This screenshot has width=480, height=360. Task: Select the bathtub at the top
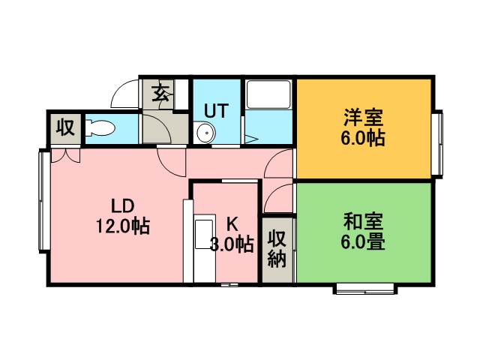coord(268,94)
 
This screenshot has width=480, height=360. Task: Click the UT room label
coord(217,110)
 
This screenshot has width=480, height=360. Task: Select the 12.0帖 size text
coord(123,226)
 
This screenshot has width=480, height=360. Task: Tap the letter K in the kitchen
coord(232,224)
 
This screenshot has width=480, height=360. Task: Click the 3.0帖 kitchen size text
coord(232,244)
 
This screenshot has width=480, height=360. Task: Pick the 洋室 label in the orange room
coord(363,117)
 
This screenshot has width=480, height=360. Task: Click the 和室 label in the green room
coord(363,222)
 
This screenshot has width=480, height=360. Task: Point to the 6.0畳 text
coord(363,241)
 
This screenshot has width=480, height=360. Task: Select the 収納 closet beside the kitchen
coord(277,249)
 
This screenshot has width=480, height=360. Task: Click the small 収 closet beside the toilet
coord(65,128)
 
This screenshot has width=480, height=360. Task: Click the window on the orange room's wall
coord(438,143)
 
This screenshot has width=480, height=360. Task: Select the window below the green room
coord(365,289)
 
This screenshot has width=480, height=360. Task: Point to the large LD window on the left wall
coord(44,200)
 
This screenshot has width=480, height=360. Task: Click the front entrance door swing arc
coord(124,94)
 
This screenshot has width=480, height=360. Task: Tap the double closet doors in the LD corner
coord(65,155)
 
